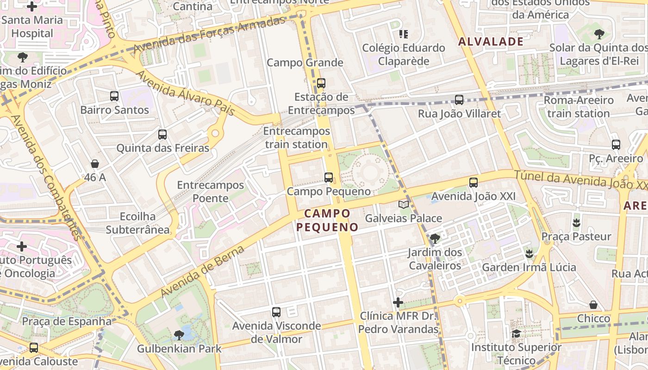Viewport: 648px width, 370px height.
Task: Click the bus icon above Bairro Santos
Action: (114, 96)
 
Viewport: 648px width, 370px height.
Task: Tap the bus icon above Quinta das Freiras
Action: (162, 135)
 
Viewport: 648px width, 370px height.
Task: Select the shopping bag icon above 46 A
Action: (95, 164)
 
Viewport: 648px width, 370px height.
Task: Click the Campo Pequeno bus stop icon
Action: (329, 177)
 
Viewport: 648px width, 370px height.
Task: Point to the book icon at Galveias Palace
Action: (404, 204)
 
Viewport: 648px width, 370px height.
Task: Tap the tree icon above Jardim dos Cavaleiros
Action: (435, 239)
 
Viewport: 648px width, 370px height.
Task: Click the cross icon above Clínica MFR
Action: (398, 302)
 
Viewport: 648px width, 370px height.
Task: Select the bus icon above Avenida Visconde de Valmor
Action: (276, 312)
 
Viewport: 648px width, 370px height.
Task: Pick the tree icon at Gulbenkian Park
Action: (179, 335)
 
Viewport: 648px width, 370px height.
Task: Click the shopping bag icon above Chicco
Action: (593, 305)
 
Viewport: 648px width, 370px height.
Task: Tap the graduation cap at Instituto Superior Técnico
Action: (516, 333)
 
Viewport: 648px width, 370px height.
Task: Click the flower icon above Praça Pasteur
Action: (576, 223)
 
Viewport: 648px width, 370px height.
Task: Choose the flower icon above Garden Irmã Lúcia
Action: (529, 253)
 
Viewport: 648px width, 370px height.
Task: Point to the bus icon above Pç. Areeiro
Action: (616, 144)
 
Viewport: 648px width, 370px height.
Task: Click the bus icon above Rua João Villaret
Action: (459, 100)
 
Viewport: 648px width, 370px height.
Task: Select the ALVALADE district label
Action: (491, 42)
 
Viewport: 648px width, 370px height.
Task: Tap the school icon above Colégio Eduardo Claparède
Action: (404, 34)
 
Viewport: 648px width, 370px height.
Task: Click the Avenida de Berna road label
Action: (202, 272)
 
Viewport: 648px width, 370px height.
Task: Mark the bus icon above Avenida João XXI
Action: (474, 183)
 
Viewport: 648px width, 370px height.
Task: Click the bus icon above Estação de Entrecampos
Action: (321, 83)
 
